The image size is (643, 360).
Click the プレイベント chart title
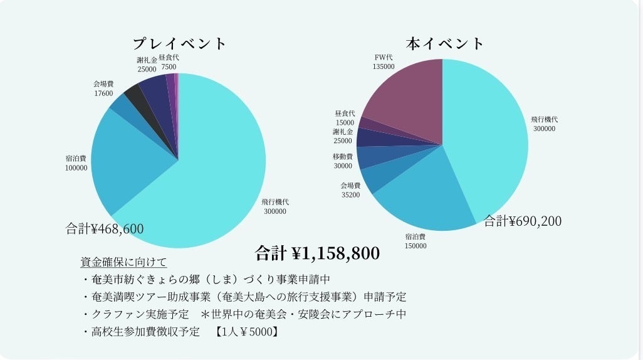179,44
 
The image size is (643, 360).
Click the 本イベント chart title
445,44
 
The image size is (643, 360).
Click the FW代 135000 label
384,62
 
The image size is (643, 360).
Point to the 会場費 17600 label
103,88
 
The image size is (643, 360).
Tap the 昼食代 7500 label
169,62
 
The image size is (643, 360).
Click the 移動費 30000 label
343,161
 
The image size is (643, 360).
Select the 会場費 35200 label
350,191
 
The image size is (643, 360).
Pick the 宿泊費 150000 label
416,241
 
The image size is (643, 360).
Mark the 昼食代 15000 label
345,118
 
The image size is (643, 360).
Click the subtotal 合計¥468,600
105,229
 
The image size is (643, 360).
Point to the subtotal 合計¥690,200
523,221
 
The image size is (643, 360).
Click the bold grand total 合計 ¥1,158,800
317,253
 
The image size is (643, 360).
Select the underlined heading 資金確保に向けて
123,262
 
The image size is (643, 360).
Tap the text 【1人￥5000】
246,332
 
